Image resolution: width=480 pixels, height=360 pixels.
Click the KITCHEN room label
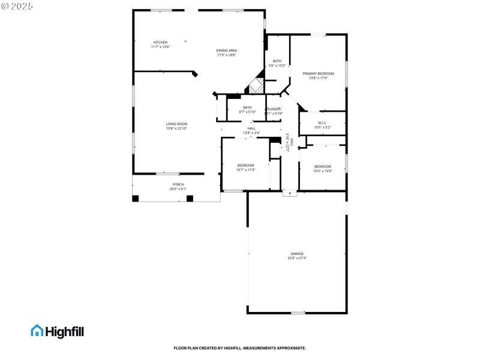click(x=160, y=42)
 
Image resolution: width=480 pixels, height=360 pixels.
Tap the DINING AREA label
click(x=227, y=50)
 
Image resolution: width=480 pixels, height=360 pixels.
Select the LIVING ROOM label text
click(x=177, y=124)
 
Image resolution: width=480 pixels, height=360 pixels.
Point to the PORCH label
click(x=178, y=184)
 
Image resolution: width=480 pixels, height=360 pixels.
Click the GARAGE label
click(x=298, y=254)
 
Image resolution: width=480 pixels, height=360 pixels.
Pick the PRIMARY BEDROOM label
click(x=318, y=73)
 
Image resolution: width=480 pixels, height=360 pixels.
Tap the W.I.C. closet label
click(x=322, y=123)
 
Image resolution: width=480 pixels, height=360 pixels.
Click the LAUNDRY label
click(x=274, y=109)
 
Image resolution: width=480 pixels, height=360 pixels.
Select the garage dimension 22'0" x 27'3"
click(x=298, y=258)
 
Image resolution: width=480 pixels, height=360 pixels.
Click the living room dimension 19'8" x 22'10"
click(x=177, y=128)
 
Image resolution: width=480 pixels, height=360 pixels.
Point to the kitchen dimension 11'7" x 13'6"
click(x=160, y=47)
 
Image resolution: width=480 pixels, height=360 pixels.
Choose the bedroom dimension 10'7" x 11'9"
click(x=246, y=170)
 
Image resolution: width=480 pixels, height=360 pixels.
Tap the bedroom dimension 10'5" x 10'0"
click(x=323, y=171)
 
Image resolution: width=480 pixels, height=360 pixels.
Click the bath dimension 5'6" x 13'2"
click(x=277, y=65)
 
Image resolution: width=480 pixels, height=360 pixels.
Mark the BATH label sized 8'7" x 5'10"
click(x=248, y=107)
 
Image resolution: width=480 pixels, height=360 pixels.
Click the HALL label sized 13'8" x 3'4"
click(x=251, y=128)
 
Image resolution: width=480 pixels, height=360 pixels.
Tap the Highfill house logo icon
click(x=37, y=331)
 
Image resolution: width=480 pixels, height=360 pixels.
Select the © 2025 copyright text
click(x=18, y=5)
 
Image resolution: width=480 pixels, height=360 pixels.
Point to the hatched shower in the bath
click(x=257, y=86)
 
